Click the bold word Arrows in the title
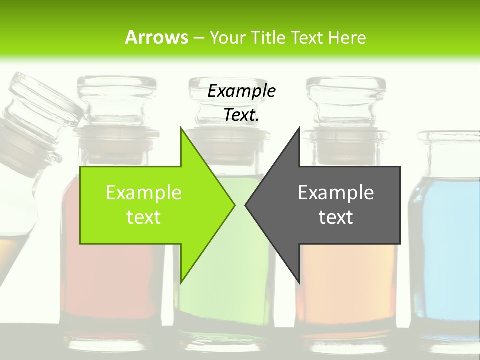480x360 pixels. point(156,37)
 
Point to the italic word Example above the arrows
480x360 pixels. point(241,91)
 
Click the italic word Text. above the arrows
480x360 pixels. point(241,115)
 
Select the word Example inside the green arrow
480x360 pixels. point(143,192)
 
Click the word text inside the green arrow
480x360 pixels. point(143,217)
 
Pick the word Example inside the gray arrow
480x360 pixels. point(336,192)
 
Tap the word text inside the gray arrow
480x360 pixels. point(336,217)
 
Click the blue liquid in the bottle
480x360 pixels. point(445,250)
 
